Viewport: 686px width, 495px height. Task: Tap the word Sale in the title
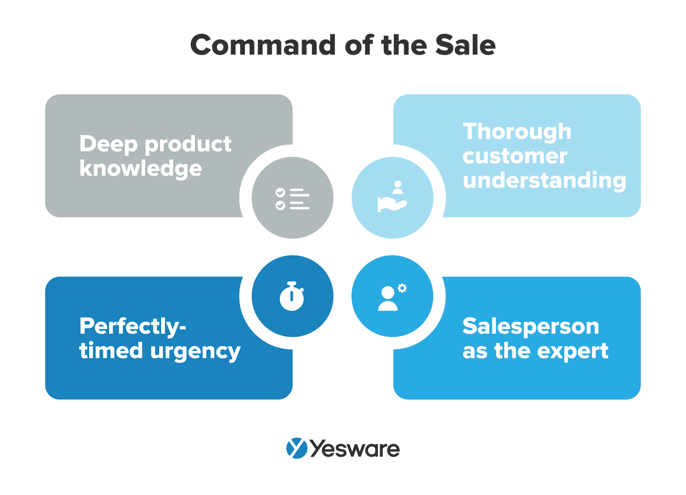(x=465, y=45)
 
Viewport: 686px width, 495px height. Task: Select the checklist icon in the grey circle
(x=293, y=199)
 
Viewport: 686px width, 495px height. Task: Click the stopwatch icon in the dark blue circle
(x=292, y=296)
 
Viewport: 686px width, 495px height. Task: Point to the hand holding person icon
(x=392, y=197)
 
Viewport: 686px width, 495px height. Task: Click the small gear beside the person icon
(x=402, y=288)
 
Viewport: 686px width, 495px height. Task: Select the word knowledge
(x=140, y=168)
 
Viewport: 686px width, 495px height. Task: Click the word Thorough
(x=517, y=131)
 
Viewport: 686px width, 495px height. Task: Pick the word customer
(x=515, y=156)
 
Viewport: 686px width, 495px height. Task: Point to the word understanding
(x=544, y=181)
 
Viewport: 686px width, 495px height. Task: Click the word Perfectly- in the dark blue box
(x=132, y=326)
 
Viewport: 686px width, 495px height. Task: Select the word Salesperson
(x=531, y=326)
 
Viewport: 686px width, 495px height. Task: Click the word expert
(x=576, y=351)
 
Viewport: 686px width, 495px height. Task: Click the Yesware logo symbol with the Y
(x=296, y=448)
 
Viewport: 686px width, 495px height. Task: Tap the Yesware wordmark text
(x=355, y=448)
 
